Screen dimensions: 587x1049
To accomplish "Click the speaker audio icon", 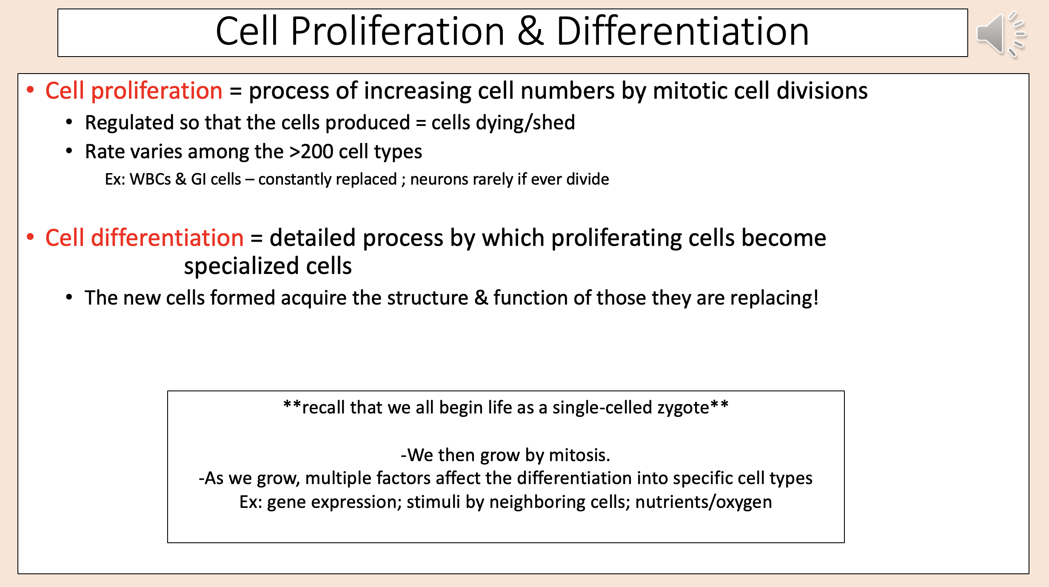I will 1000,34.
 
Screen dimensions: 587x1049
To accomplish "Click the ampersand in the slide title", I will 530,31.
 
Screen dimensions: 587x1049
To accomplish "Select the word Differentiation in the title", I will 682,31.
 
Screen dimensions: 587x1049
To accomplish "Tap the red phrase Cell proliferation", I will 134,91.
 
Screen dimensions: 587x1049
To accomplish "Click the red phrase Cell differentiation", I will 144,238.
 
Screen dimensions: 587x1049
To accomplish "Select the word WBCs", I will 150,180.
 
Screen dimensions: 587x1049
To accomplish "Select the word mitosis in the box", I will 579,455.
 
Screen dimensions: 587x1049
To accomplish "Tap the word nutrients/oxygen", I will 704,502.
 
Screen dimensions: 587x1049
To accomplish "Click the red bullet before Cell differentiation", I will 30,237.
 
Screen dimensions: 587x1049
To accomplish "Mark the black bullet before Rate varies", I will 69,151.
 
